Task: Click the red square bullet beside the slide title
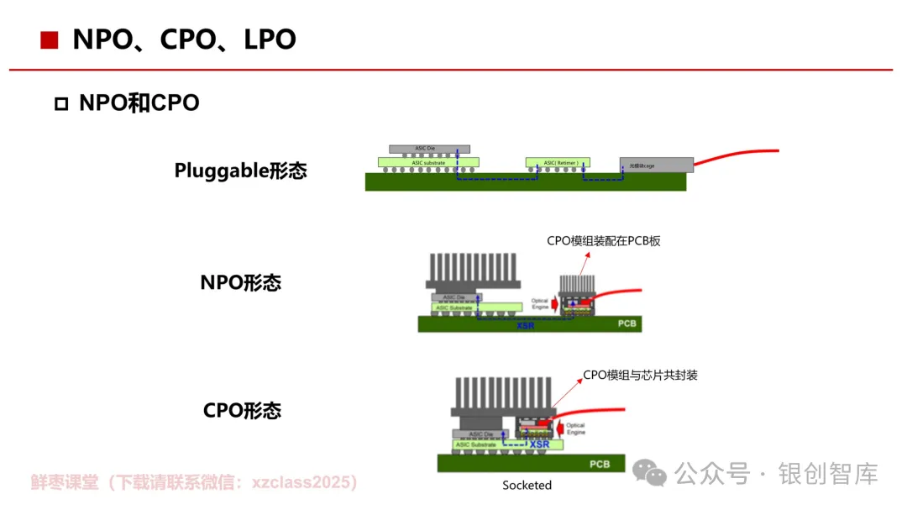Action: (50, 39)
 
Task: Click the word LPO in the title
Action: (269, 39)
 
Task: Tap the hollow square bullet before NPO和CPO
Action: (60, 104)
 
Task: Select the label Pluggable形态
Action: (240, 171)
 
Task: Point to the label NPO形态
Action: (240, 282)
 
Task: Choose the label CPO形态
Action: (242, 410)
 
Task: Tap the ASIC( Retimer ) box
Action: (558, 162)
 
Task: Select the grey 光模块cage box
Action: (656, 166)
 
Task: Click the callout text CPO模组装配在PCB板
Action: (604, 241)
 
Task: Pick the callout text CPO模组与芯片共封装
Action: (640, 375)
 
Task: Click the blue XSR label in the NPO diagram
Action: (525, 324)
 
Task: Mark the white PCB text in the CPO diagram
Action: (599, 464)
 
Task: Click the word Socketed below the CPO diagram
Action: (527, 485)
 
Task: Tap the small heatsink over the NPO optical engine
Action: (577, 284)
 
